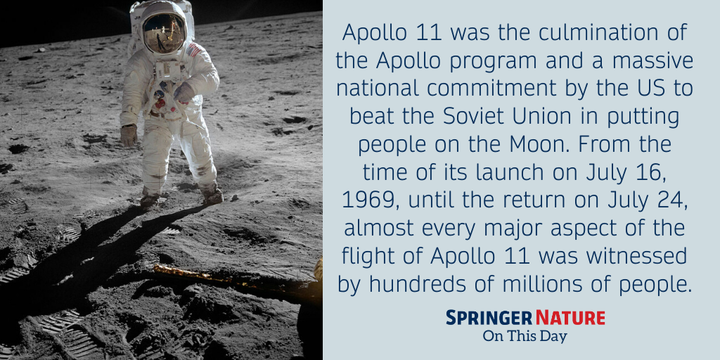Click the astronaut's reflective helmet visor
point(164,32)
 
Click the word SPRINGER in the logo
point(487,318)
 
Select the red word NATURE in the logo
point(570,318)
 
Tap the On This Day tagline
point(525,336)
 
